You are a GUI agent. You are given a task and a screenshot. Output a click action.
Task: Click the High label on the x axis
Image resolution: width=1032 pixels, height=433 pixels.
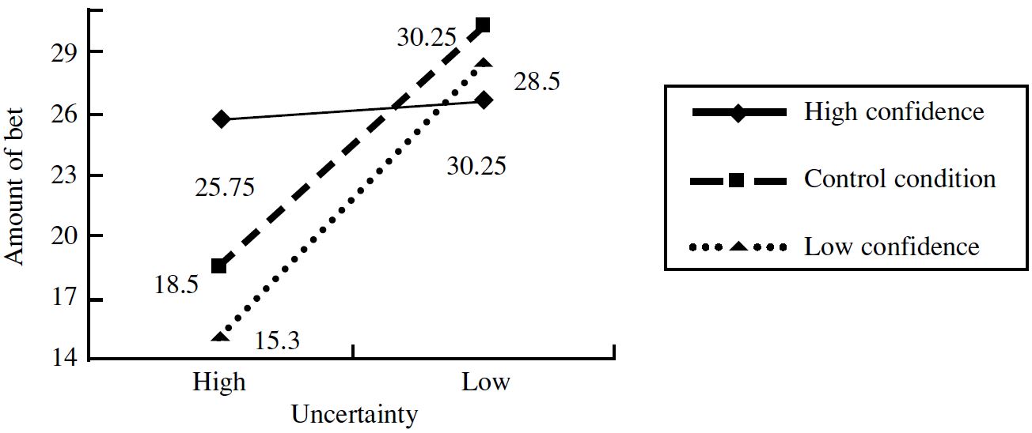pyautogui.click(x=219, y=382)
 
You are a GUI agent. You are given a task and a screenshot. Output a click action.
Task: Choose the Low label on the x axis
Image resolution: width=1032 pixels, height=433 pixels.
pyautogui.click(x=485, y=382)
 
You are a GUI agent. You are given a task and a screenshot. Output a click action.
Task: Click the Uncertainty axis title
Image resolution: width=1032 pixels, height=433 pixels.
pyautogui.click(x=354, y=415)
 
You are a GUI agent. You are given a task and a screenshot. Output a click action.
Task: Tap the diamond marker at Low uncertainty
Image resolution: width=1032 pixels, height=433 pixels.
pyautogui.click(x=485, y=100)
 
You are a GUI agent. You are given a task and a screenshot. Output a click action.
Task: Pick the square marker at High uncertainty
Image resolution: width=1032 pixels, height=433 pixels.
pyautogui.click(x=219, y=266)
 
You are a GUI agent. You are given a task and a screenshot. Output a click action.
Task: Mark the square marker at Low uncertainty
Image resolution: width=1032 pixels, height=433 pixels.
pyautogui.click(x=483, y=25)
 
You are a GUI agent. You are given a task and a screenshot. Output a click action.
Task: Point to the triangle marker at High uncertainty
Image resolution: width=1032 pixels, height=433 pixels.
pyautogui.click(x=220, y=337)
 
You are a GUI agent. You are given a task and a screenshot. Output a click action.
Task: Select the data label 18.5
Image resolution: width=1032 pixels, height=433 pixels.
pyautogui.click(x=176, y=286)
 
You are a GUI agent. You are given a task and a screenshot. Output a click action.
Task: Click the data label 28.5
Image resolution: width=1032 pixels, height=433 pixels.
pyautogui.click(x=537, y=82)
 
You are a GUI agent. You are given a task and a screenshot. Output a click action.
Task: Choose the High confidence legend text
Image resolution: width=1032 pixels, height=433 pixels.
pyautogui.click(x=894, y=111)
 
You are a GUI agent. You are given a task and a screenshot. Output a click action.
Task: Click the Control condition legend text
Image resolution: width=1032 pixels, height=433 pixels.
pyautogui.click(x=900, y=179)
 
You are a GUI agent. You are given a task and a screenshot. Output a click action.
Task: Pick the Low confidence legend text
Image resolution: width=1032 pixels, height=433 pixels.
pyautogui.click(x=892, y=247)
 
